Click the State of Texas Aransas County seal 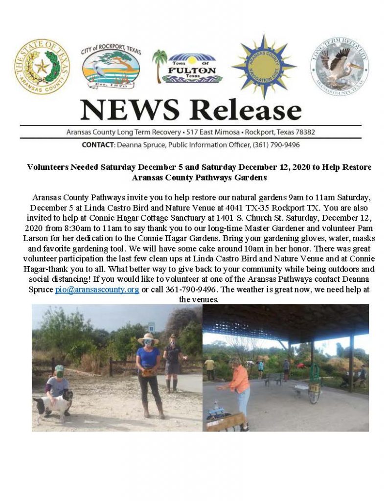tap(42, 67)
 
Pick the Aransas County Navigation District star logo tap(263, 66)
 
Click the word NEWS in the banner tap(129, 111)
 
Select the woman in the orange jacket tap(239, 387)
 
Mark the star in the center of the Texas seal tap(42, 66)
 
